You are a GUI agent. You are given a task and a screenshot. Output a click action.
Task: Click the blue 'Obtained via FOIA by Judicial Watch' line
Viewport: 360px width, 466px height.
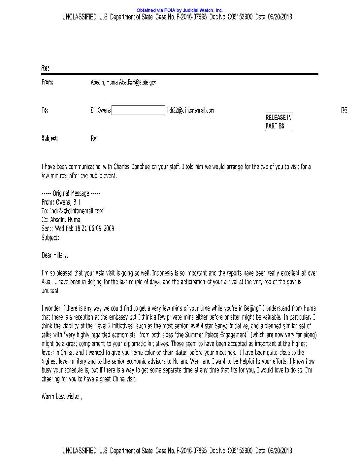click(x=180, y=10)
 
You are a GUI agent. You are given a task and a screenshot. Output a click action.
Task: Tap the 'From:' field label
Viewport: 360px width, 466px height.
click(x=47, y=82)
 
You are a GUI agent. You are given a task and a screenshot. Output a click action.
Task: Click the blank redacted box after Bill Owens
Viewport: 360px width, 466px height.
click(x=138, y=110)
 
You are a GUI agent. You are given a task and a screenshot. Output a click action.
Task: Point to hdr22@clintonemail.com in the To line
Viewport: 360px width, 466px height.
click(x=191, y=110)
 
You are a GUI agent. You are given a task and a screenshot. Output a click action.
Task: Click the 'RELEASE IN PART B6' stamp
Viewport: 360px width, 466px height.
click(x=278, y=122)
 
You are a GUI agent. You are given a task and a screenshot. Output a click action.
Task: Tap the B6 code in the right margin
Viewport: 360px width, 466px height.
click(x=344, y=110)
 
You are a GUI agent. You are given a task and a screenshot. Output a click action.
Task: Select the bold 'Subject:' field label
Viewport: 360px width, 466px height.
click(x=49, y=138)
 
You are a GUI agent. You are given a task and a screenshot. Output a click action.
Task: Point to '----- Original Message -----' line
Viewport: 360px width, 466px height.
click(x=71, y=193)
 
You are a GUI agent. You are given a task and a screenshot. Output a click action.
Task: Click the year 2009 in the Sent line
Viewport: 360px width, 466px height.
click(x=109, y=229)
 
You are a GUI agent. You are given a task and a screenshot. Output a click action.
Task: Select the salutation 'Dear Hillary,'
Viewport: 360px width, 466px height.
click(x=55, y=255)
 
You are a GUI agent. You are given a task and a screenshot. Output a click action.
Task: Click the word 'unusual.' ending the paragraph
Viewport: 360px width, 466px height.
click(x=50, y=291)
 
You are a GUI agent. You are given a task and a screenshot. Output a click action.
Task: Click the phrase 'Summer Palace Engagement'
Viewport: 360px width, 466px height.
click(x=213, y=335)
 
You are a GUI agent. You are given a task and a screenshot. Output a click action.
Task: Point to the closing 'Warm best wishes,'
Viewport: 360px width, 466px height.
click(x=62, y=396)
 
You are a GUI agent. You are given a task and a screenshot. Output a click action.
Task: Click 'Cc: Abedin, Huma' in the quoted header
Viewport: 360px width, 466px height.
click(x=61, y=220)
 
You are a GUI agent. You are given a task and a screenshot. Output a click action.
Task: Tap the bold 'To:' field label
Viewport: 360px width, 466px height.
click(x=45, y=110)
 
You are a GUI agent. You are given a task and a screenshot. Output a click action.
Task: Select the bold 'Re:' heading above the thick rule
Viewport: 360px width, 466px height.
click(x=45, y=68)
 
